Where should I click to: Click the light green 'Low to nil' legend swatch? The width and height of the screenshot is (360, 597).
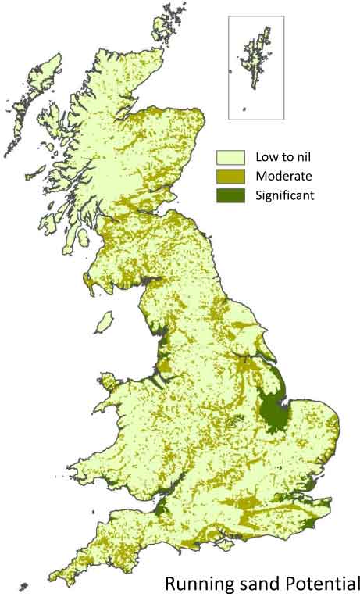coord(231,157)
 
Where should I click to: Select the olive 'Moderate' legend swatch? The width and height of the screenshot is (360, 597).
coord(231,177)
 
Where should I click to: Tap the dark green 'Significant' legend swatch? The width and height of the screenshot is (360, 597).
coord(231,195)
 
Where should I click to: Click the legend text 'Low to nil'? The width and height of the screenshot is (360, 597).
coord(280,157)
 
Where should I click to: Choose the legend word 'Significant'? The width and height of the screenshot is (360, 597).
coord(284,195)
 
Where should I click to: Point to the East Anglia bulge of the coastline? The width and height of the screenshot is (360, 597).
coord(320,438)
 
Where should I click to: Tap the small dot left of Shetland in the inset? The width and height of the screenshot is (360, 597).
coord(231,72)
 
